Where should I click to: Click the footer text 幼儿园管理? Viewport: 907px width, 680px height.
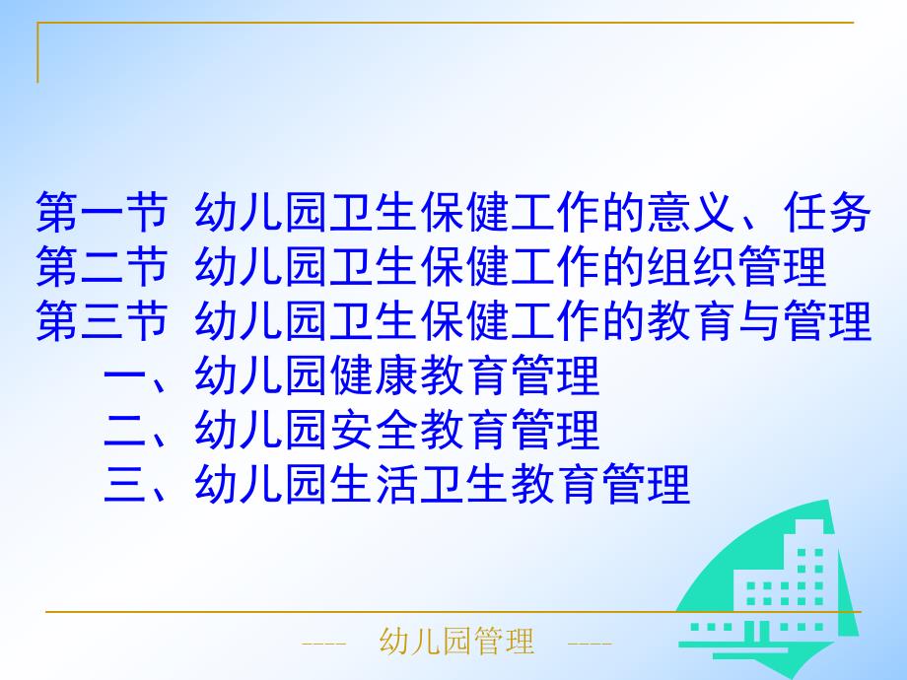coord(456,644)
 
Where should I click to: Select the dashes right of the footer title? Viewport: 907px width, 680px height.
coord(591,645)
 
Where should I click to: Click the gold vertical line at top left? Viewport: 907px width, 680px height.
coord(38,53)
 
